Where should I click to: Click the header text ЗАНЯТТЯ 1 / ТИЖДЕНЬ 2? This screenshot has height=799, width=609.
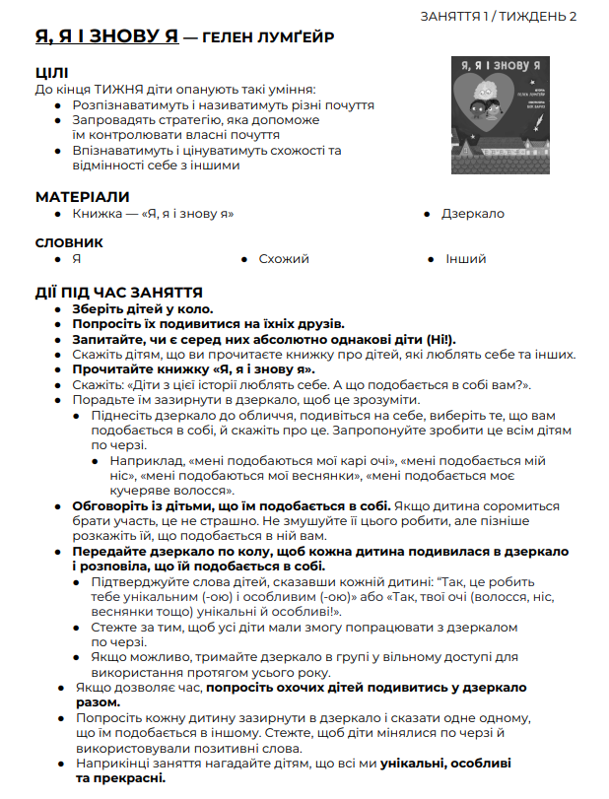[499, 16]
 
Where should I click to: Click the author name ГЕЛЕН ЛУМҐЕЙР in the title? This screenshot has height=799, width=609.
[266, 38]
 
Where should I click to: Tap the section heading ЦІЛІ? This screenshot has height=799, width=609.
[51, 73]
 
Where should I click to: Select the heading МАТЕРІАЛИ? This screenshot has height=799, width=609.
[82, 196]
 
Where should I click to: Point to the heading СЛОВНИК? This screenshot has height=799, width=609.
[69, 242]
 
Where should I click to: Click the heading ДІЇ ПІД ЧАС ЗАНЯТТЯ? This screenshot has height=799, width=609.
[118, 292]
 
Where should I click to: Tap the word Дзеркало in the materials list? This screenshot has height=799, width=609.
[472, 213]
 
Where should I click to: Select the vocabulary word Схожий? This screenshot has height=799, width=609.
[284, 259]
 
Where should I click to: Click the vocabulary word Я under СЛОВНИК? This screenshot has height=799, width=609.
[76, 259]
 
